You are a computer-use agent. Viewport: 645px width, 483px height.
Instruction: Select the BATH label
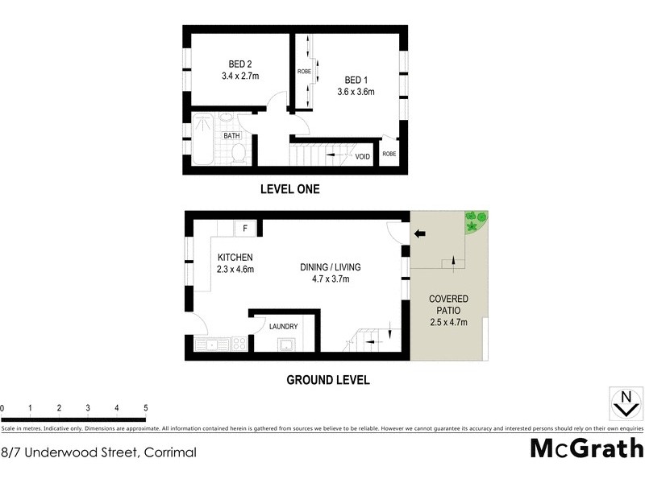click(232, 136)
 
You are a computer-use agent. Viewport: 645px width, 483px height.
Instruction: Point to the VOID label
click(363, 156)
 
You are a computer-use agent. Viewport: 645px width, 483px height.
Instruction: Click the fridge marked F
click(244, 229)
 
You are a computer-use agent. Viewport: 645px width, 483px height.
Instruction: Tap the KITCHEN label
click(235, 257)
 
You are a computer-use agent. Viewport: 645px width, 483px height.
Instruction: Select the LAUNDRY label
click(284, 326)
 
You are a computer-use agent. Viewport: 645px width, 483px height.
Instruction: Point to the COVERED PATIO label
click(448, 305)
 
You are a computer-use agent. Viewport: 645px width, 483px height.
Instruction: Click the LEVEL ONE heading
click(289, 190)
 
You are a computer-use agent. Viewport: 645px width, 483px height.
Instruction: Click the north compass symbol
click(624, 402)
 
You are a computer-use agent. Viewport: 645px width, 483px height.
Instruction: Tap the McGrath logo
click(586, 448)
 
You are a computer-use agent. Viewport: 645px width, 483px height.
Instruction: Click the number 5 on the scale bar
click(145, 408)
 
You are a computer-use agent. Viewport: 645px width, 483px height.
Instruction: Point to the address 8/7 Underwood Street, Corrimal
click(99, 452)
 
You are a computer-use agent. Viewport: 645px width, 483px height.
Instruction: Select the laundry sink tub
click(285, 345)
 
